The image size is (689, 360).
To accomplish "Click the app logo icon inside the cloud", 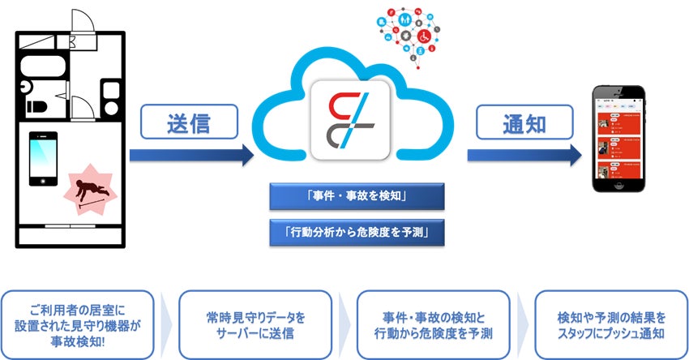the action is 353,124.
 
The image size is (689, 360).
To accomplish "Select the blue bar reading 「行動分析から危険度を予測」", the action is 357,231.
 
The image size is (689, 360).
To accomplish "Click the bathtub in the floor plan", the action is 43,66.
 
